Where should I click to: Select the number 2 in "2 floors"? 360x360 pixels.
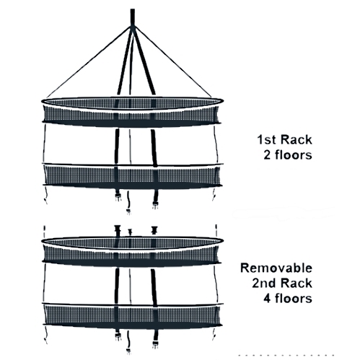tap(268, 155)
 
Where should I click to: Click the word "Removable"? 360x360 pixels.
tap(276, 268)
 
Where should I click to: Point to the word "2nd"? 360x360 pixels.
tap(263, 283)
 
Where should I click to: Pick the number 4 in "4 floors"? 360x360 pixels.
tap(268, 299)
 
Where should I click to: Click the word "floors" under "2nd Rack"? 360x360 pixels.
tap(294, 298)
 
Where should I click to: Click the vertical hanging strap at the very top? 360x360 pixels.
tap(133, 17)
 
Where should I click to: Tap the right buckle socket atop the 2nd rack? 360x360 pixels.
tap(154, 230)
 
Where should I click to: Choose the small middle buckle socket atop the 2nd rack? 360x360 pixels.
tap(130, 232)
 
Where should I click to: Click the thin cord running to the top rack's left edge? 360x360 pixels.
tap(89, 61)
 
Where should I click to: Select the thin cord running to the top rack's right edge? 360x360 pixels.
tap(172, 62)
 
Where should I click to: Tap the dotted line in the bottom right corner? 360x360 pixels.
tap(286, 355)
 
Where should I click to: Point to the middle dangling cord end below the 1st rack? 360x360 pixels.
tap(128, 203)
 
